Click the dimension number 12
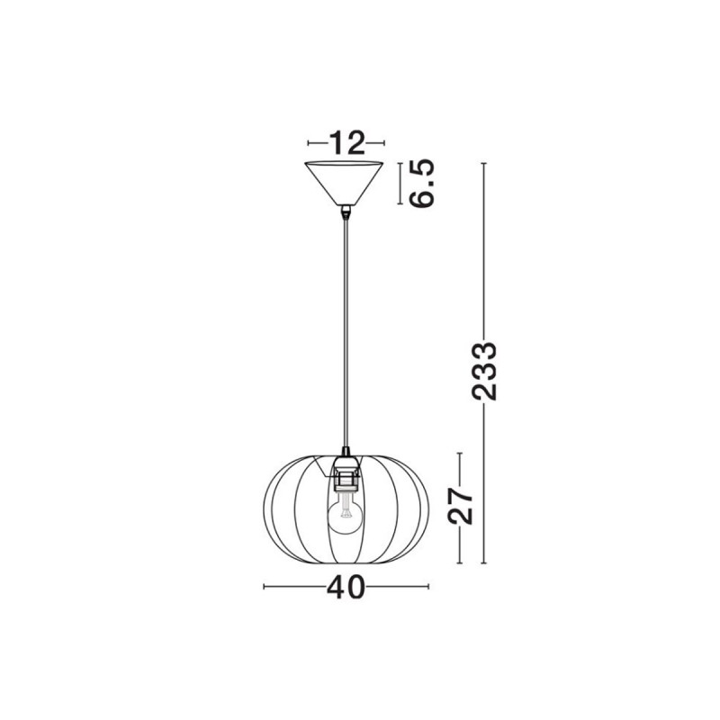[346, 142]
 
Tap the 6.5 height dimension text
[421, 184]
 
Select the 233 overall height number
[484, 371]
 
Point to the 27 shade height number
[460, 506]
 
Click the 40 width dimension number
[346, 587]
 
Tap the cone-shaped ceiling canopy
[344, 183]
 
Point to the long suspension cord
[346, 331]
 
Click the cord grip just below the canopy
[346, 211]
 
